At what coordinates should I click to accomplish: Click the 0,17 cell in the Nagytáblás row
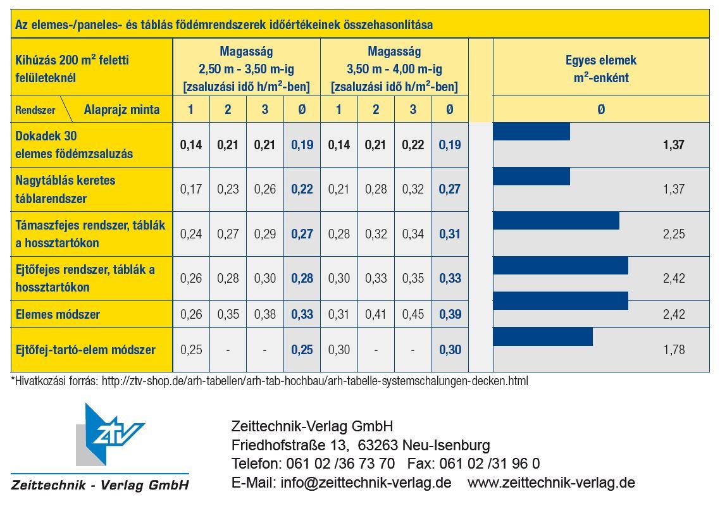coord(191,189)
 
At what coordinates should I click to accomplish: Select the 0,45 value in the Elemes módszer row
coord(413,314)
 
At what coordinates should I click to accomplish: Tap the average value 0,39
coord(450,314)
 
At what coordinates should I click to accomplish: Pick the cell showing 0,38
coord(265,314)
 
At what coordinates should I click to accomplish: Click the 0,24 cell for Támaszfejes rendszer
coord(191,234)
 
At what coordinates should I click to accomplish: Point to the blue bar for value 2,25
coord(556,221)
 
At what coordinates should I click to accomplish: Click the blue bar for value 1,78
coord(543,336)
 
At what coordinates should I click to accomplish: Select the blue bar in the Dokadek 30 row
coord(531,132)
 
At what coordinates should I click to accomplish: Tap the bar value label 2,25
coord(674,234)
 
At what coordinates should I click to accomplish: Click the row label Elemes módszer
coord(58,314)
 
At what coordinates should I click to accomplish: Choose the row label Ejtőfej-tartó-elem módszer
coord(85,350)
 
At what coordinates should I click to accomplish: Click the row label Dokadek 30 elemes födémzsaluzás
coord(74,145)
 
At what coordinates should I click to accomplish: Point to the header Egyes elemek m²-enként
coord(601,68)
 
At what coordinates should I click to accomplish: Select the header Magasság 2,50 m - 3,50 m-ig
coord(247,60)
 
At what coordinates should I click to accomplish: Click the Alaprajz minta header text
coord(121,110)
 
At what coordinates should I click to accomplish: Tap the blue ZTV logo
coord(110,434)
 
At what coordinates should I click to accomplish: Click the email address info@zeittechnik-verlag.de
coord(366,483)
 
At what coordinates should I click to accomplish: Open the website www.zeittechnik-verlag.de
coord(552,483)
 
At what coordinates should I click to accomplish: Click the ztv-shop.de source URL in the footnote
coord(315,381)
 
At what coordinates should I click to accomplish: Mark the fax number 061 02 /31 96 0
coord(490,464)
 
